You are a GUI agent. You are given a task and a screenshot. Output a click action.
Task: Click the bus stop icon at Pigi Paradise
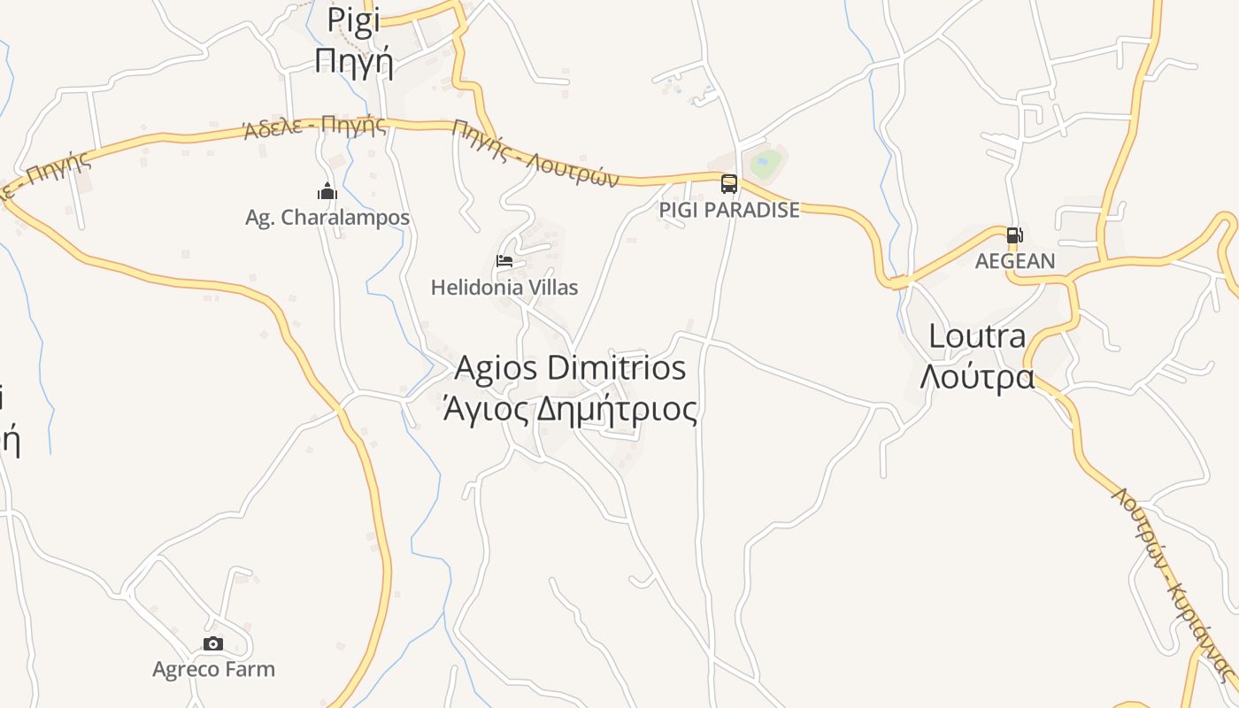tap(729, 184)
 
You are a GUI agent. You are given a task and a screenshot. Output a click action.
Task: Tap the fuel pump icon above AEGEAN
tap(1014, 235)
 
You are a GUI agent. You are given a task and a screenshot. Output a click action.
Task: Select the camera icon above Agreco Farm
tap(213, 643)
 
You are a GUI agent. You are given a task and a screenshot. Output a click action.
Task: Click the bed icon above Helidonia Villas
tap(504, 261)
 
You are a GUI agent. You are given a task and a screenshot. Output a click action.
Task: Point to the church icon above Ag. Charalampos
tap(327, 191)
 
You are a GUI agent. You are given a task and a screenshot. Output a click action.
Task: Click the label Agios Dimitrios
tap(570, 368)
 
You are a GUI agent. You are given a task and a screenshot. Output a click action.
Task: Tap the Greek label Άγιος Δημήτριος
tap(570, 410)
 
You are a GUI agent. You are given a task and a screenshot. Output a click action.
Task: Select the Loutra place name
tap(977, 336)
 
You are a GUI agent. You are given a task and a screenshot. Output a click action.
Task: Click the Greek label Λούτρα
tap(977, 377)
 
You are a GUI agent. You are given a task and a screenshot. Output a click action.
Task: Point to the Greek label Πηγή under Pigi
tap(353, 61)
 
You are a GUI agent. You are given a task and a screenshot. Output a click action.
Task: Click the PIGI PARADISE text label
tap(729, 211)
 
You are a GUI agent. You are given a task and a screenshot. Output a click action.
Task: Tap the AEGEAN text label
tap(1015, 261)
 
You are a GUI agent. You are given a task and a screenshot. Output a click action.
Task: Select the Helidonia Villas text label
tap(504, 288)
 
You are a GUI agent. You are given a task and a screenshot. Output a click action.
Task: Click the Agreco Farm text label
tap(213, 669)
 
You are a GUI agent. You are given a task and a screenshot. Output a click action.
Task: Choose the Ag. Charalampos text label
tap(327, 218)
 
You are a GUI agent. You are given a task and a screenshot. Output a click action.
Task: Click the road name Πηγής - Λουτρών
tap(535, 153)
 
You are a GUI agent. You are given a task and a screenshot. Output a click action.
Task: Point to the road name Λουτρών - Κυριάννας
tap(1173, 584)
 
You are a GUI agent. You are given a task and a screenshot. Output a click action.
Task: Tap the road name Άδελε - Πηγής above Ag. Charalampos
tap(315, 127)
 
